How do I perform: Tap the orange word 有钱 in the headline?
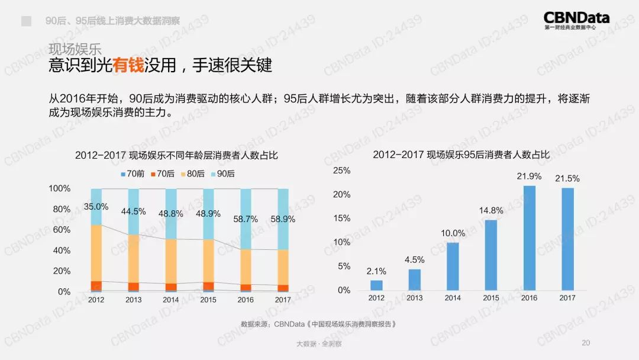point(129,65)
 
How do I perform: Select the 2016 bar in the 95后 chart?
point(529,238)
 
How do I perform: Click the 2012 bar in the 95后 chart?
point(376,285)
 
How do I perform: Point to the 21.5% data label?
point(567,178)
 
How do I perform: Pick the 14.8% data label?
point(491,210)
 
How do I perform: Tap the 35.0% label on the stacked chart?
point(96,207)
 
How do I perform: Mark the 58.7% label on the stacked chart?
point(246,218)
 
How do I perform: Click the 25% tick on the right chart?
point(342,171)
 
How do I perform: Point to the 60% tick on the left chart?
point(62,230)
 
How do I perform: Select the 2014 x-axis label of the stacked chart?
point(170,300)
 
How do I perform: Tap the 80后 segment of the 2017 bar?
point(283,267)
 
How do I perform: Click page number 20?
point(586,343)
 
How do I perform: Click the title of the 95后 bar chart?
point(461,155)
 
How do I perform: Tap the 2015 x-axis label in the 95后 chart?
point(491,298)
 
